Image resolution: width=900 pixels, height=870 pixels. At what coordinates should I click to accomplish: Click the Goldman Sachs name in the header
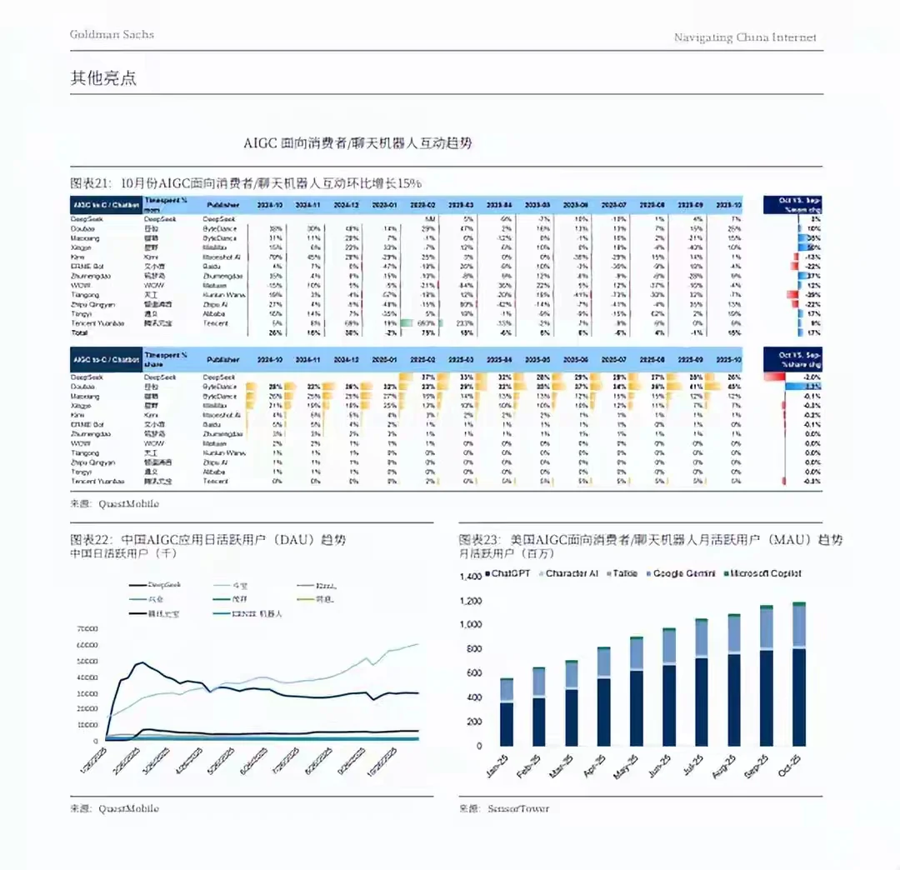(112, 34)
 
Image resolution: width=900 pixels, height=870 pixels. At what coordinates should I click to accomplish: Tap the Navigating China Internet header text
(745, 37)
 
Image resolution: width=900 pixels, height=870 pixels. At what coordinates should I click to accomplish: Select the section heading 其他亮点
(103, 78)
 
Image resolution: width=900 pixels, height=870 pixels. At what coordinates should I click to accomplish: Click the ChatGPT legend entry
(509, 573)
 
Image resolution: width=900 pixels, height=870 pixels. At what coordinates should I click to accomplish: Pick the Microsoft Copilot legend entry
(762, 573)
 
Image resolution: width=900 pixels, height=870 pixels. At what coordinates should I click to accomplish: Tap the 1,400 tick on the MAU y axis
(470, 577)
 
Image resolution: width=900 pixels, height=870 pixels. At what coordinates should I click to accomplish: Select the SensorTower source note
(503, 808)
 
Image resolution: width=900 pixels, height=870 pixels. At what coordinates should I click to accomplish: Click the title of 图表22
(207, 540)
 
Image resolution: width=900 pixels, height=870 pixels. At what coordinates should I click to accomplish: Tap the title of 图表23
(650, 540)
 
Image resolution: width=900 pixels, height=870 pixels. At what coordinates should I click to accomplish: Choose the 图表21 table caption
(247, 182)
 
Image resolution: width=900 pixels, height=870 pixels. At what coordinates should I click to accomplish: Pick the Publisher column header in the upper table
(222, 204)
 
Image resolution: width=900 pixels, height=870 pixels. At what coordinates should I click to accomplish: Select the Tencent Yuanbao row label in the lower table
(97, 481)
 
